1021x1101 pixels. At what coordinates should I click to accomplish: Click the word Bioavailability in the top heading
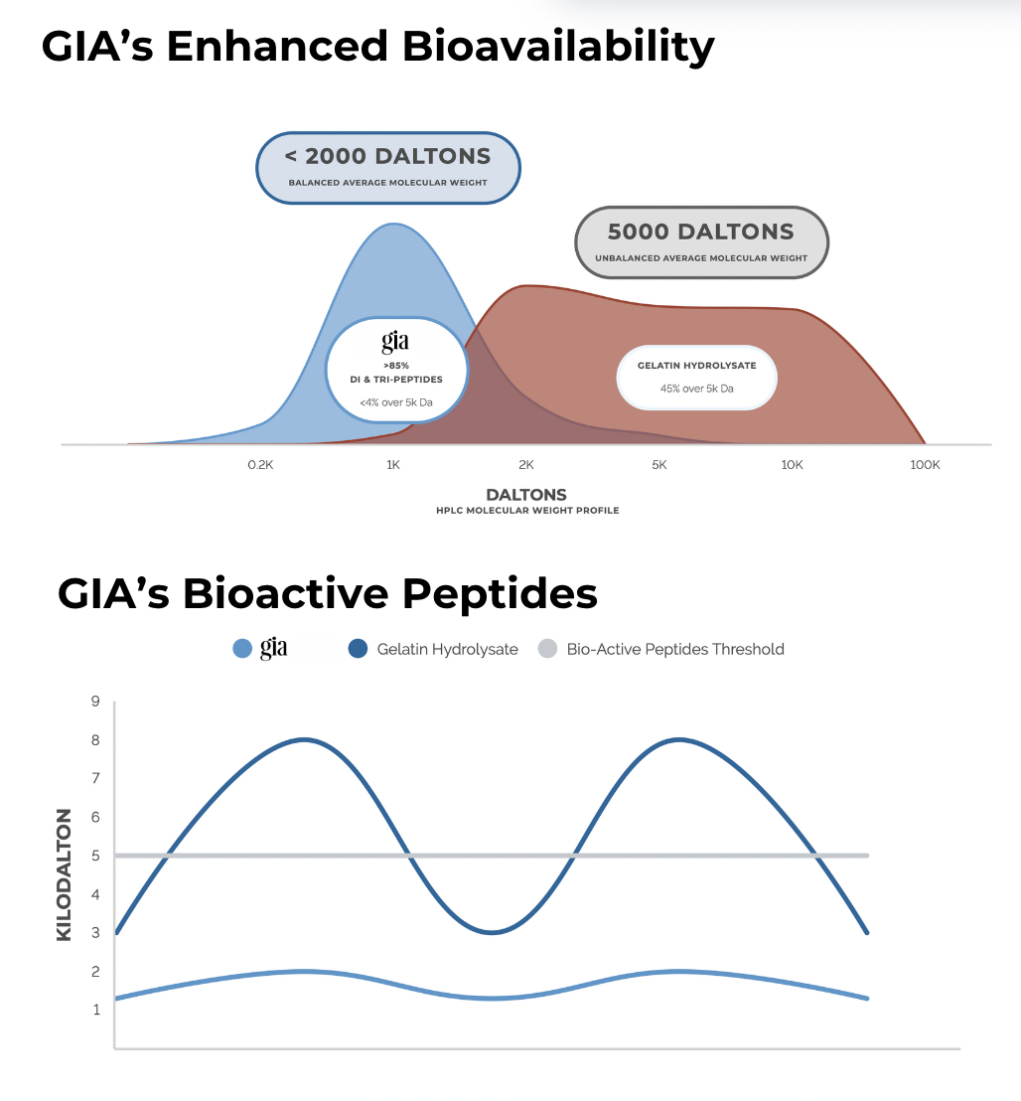tap(558, 47)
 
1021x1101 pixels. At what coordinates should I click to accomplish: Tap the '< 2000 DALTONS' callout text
tap(387, 156)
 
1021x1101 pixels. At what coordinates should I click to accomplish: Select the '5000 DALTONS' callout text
tap(701, 231)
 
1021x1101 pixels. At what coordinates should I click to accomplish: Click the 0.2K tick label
tap(260, 465)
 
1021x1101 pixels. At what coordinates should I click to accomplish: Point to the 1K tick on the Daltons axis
tap(393, 465)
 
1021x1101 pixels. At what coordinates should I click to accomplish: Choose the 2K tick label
tap(526, 465)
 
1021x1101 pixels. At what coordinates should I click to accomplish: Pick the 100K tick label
tap(925, 465)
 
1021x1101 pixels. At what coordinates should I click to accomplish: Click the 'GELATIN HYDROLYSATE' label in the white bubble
tap(697, 365)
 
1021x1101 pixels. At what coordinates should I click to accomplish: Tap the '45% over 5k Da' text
tap(697, 389)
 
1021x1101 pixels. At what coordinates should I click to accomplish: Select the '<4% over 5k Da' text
tap(396, 402)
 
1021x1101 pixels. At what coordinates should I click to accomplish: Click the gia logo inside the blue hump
tap(395, 342)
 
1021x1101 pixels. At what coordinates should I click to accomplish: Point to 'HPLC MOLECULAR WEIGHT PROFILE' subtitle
tap(527, 511)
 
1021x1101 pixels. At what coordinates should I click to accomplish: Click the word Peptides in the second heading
tap(500, 594)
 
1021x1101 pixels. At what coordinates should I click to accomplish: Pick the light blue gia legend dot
tap(242, 649)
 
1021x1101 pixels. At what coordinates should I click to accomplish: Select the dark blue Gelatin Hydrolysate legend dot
tap(358, 649)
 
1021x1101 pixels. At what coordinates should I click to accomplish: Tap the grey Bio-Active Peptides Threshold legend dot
tap(547, 649)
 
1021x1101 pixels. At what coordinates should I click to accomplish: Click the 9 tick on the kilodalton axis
tap(95, 701)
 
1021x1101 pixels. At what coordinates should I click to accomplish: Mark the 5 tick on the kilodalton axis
tap(95, 856)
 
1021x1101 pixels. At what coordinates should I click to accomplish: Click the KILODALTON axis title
tap(64, 874)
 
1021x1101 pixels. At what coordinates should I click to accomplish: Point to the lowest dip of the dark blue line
tap(492, 932)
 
